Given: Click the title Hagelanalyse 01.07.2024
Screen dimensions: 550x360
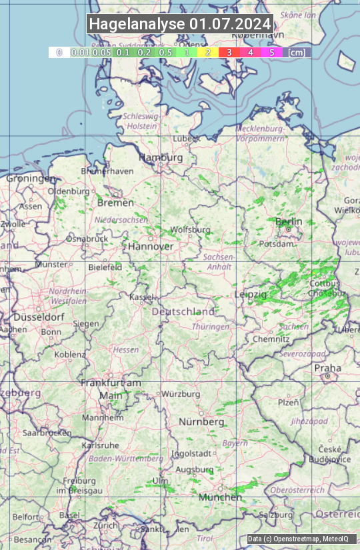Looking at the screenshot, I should coord(180,24).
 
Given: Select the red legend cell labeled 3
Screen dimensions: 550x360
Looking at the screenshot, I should coord(229,52).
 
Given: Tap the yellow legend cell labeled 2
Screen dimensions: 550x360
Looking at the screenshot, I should coord(208,52).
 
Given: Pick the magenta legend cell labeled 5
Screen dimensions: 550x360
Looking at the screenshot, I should coord(272,52).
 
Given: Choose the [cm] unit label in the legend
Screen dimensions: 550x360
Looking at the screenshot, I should coord(297,52).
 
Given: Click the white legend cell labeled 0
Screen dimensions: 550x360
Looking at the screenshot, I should coord(59,52).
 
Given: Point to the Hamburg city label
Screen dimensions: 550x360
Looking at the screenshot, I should coord(161,158).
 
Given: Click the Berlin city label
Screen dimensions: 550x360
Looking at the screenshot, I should coord(289,221).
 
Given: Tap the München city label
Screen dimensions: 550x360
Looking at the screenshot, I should coord(220,497).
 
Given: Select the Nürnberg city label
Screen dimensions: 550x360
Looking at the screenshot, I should coord(201,422).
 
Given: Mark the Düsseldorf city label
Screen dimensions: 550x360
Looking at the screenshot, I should coord(33,317).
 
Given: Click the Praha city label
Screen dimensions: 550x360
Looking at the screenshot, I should coord(328,368).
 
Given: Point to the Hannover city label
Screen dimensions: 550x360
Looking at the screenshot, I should coord(150,246).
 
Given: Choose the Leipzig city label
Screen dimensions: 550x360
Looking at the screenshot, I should coord(251,294).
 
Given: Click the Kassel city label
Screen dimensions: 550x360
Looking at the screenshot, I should coord(141,297).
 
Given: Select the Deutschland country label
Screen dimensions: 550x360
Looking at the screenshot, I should coord(183,311).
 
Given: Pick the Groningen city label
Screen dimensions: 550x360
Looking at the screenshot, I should coord(31,179).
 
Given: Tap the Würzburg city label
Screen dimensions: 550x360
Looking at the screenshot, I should coord(181,394).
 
